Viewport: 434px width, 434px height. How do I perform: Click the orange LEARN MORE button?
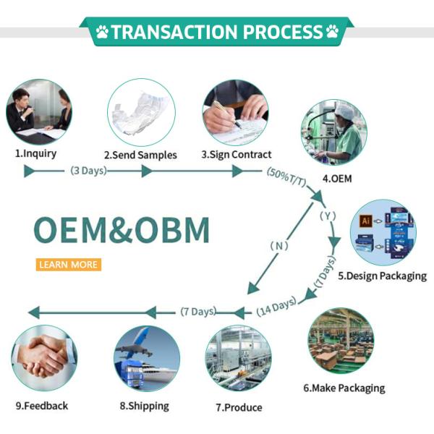pos(68,265)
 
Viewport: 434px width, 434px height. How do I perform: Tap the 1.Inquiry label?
pos(36,153)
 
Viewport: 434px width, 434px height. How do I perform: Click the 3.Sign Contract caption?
pos(236,154)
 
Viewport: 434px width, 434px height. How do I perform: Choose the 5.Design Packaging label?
pos(382,276)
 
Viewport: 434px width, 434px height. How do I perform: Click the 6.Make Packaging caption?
pos(344,388)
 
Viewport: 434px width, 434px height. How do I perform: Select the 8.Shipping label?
pos(144,406)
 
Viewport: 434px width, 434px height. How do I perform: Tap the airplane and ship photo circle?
pos(146,359)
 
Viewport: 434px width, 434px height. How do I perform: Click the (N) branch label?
pos(279,246)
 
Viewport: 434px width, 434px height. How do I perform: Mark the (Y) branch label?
pos(328,216)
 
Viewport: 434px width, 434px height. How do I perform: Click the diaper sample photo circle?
pos(141,112)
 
